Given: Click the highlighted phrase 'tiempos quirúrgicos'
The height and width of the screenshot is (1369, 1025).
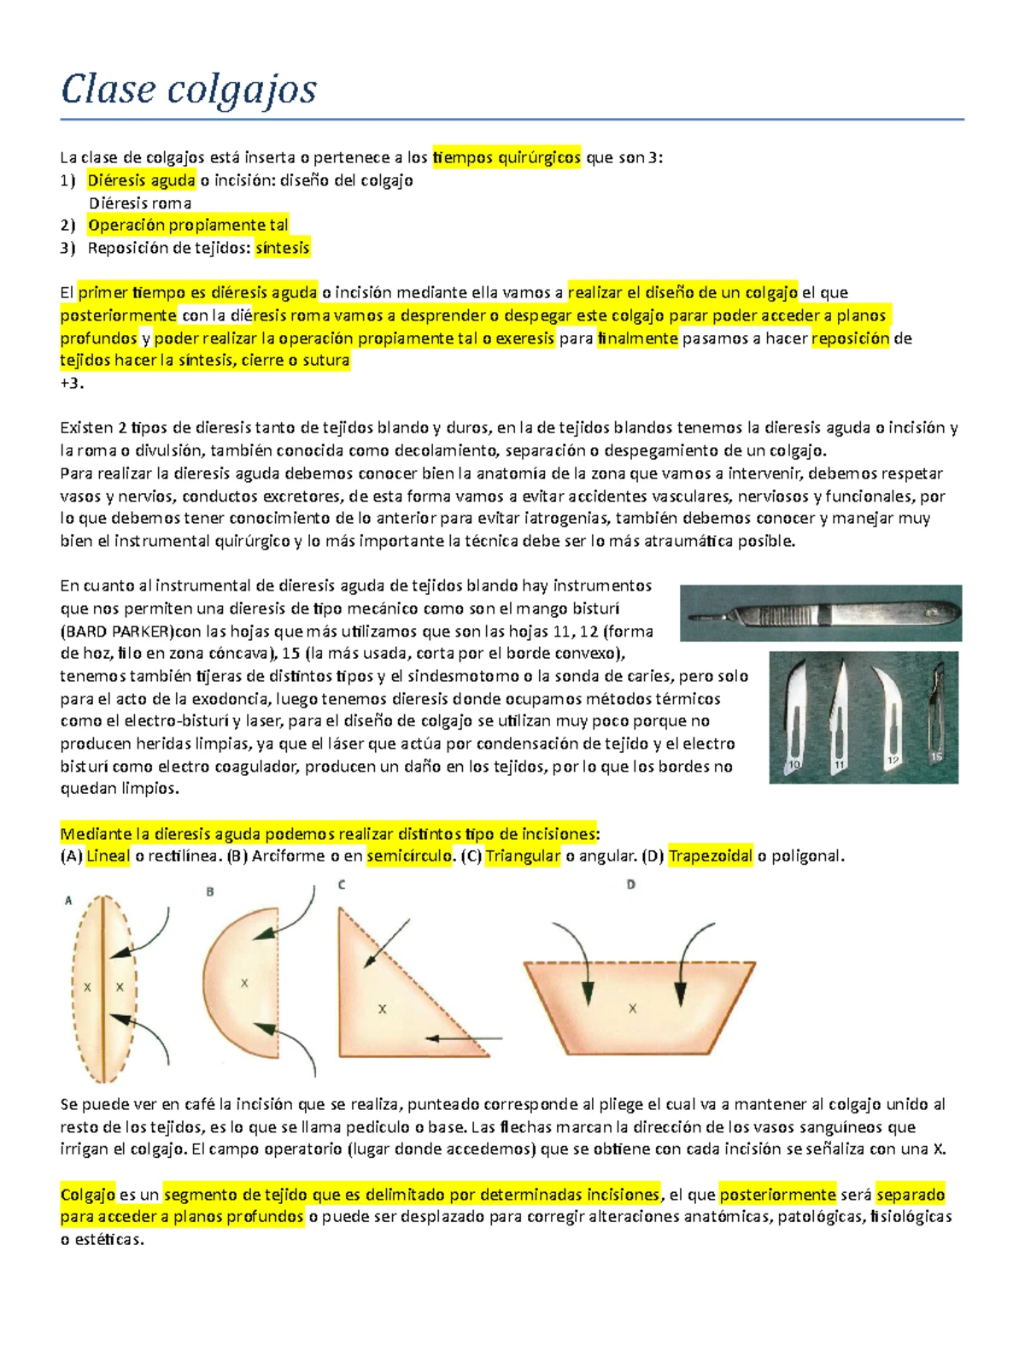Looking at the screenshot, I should click(x=507, y=157).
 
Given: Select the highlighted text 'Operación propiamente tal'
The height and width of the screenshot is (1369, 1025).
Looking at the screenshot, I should click(x=188, y=225).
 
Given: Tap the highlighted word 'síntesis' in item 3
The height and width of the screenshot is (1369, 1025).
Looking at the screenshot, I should click(x=283, y=248).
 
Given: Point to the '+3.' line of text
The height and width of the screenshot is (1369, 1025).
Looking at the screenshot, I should click(x=72, y=383).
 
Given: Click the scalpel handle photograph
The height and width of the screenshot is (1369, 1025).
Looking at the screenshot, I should click(x=820, y=613).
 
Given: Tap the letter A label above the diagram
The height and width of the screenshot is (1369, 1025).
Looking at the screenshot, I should click(x=68, y=901).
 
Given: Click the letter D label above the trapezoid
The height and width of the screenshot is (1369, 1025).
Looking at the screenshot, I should click(x=630, y=884).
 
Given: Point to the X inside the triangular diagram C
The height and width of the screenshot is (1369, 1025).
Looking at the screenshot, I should click(x=382, y=1009).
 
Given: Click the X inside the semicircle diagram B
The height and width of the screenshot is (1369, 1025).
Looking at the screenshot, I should click(x=244, y=984).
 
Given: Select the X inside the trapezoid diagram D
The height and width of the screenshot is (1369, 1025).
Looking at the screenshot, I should click(x=632, y=1008).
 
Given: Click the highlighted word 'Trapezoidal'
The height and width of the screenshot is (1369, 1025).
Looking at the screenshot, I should click(x=711, y=856).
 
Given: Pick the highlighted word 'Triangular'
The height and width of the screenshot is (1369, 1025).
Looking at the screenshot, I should click(x=523, y=856).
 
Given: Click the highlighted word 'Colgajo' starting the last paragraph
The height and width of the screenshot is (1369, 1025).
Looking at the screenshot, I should click(x=87, y=1195).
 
